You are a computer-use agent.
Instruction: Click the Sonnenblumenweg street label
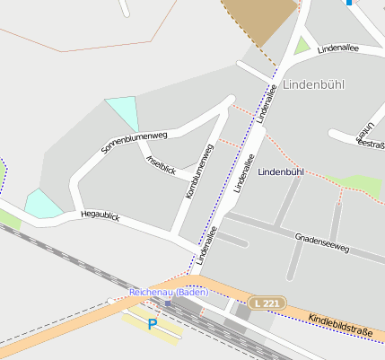click(x=135, y=143)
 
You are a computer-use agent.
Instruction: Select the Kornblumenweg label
click(x=199, y=171)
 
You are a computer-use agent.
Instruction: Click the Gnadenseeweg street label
click(x=321, y=242)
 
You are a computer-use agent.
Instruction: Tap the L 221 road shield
click(x=267, y=303)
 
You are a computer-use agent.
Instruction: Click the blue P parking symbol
click(x=153, y=323)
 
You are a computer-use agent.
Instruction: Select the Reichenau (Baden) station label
click(x=169, y=292)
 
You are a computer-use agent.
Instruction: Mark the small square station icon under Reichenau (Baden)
click(x=168, y=303)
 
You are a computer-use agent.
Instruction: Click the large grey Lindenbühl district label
click(x=313, y=84)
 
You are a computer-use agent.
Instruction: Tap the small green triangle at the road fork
click(x=302, y=44)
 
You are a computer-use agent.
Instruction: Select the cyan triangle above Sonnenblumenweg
click(x=124, y=111)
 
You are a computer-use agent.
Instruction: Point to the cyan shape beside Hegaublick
click(x=41, y=204)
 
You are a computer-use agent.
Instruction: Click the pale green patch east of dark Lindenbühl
click(x=361, y=184)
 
